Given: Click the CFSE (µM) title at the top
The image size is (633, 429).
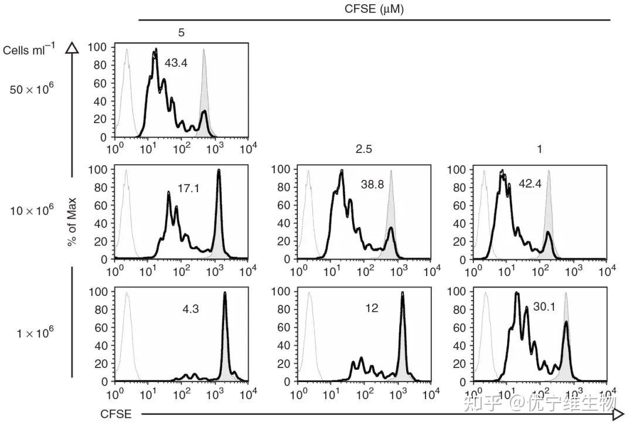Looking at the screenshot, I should pos(374,9).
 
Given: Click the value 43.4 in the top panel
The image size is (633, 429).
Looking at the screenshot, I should pos(176,63).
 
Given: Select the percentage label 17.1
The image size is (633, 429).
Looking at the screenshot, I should pos(189,189).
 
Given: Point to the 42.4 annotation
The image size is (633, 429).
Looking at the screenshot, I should pos(530,183).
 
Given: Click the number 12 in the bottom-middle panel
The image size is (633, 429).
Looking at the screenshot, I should pos(372,308).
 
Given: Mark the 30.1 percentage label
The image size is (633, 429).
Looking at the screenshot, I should pos(544,306).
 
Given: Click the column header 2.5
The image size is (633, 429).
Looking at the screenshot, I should pos(363,149).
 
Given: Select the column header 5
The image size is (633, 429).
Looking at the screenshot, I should pos(181,33).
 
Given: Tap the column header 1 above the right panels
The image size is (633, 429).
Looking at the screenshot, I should pos(539,149).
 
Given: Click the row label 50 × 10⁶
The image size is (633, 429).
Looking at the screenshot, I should pos(32,90).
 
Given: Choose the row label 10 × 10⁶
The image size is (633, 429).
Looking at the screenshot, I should pos(32,209).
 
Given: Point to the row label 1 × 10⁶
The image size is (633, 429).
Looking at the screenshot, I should pos(35,333).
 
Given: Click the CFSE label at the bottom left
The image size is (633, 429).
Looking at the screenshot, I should pos(115,414).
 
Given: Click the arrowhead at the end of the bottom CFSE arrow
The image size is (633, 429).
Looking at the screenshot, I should pos(618,414).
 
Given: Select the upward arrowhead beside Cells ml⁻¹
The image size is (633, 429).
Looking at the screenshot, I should pos(72,48).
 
